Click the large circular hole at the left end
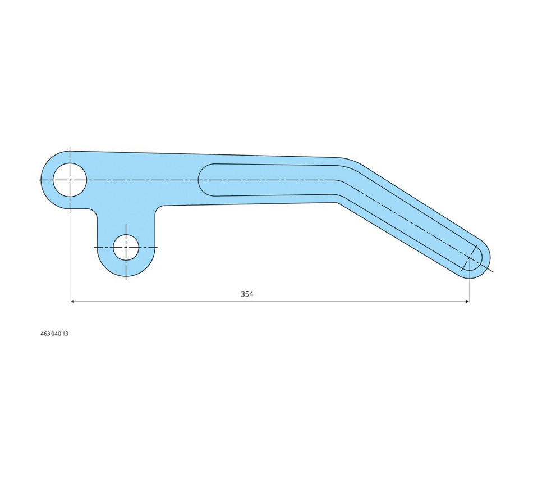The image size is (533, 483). [70, 180]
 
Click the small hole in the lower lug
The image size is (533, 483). [126, 247]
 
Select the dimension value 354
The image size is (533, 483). [247, 294]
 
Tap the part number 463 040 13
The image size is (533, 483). [54, 334]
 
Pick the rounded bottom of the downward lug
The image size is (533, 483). [126, 273]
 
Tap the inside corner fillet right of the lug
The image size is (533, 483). [158, 209]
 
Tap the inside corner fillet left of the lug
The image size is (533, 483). [93, 212]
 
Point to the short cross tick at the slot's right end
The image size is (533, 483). [469, 258]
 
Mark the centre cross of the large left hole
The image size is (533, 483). [70, 180]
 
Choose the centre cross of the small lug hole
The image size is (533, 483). [126, 247]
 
